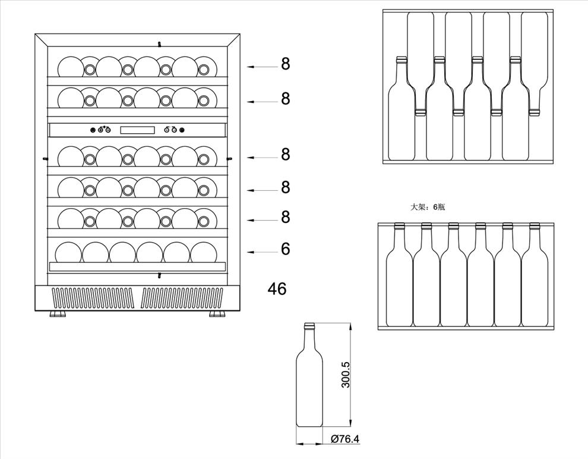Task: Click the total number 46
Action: tap(277, 289)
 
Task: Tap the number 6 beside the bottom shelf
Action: tap(286, 249)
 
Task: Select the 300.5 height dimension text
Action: tap(346, 375)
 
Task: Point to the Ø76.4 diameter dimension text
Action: tap(345, 439)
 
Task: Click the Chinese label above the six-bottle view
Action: tap(428, 207)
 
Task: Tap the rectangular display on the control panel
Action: tap(137, 130)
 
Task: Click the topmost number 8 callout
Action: tap(286, 64)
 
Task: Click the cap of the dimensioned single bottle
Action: tap(309, 326)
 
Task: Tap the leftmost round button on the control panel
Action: tap(93, 130)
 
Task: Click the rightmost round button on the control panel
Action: tap(182, 130)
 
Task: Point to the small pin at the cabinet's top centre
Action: tap(159, 43)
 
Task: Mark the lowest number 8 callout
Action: tap(286, 217)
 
